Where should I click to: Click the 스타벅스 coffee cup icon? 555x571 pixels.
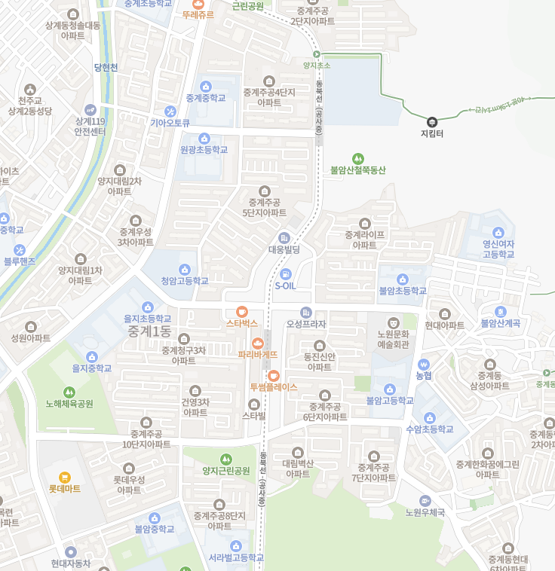coord(241,311)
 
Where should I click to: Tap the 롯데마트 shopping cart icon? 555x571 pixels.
coord(65,477)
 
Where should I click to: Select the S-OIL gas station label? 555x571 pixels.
coord(286,286)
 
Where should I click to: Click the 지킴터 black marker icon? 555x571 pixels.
coord(432,122)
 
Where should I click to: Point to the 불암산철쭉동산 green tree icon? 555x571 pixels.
coord(357,158)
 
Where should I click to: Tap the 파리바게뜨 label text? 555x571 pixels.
coord(258,354)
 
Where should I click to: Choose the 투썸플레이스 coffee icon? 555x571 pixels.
coord(274,374)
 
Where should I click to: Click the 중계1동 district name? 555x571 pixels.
coord(149,331)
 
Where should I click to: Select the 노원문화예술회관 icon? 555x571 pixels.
coord(393,323)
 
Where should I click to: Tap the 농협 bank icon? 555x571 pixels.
coord(424,364)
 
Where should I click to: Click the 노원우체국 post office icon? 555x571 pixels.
coord(425,501)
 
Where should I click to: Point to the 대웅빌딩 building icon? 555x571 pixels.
coord(284,238)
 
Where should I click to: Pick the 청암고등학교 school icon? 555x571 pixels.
coord(185,270)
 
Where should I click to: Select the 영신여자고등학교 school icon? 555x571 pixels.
coord(498,233)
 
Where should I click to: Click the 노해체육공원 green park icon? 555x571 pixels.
coord(69,392)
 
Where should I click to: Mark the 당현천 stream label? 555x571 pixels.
coord(106,67)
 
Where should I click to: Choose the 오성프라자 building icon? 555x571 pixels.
coord(305,313)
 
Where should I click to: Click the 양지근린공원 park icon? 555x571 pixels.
coord(225,459)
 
